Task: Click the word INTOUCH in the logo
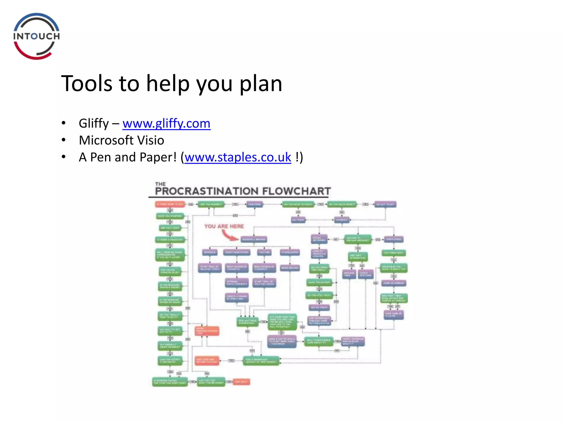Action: coord(37,36)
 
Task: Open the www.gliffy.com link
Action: coord(166,123)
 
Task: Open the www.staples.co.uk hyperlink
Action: coord(238,157)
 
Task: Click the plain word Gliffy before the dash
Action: coord(94,123)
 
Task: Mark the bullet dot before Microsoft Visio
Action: coord(64,140)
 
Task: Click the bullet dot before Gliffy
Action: coord(64,123)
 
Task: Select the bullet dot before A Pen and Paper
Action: coord(64,157)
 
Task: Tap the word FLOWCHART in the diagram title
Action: coord(296,191)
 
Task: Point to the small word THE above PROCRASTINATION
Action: coord(160,184)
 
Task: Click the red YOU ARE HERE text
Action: coord(224,226)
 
